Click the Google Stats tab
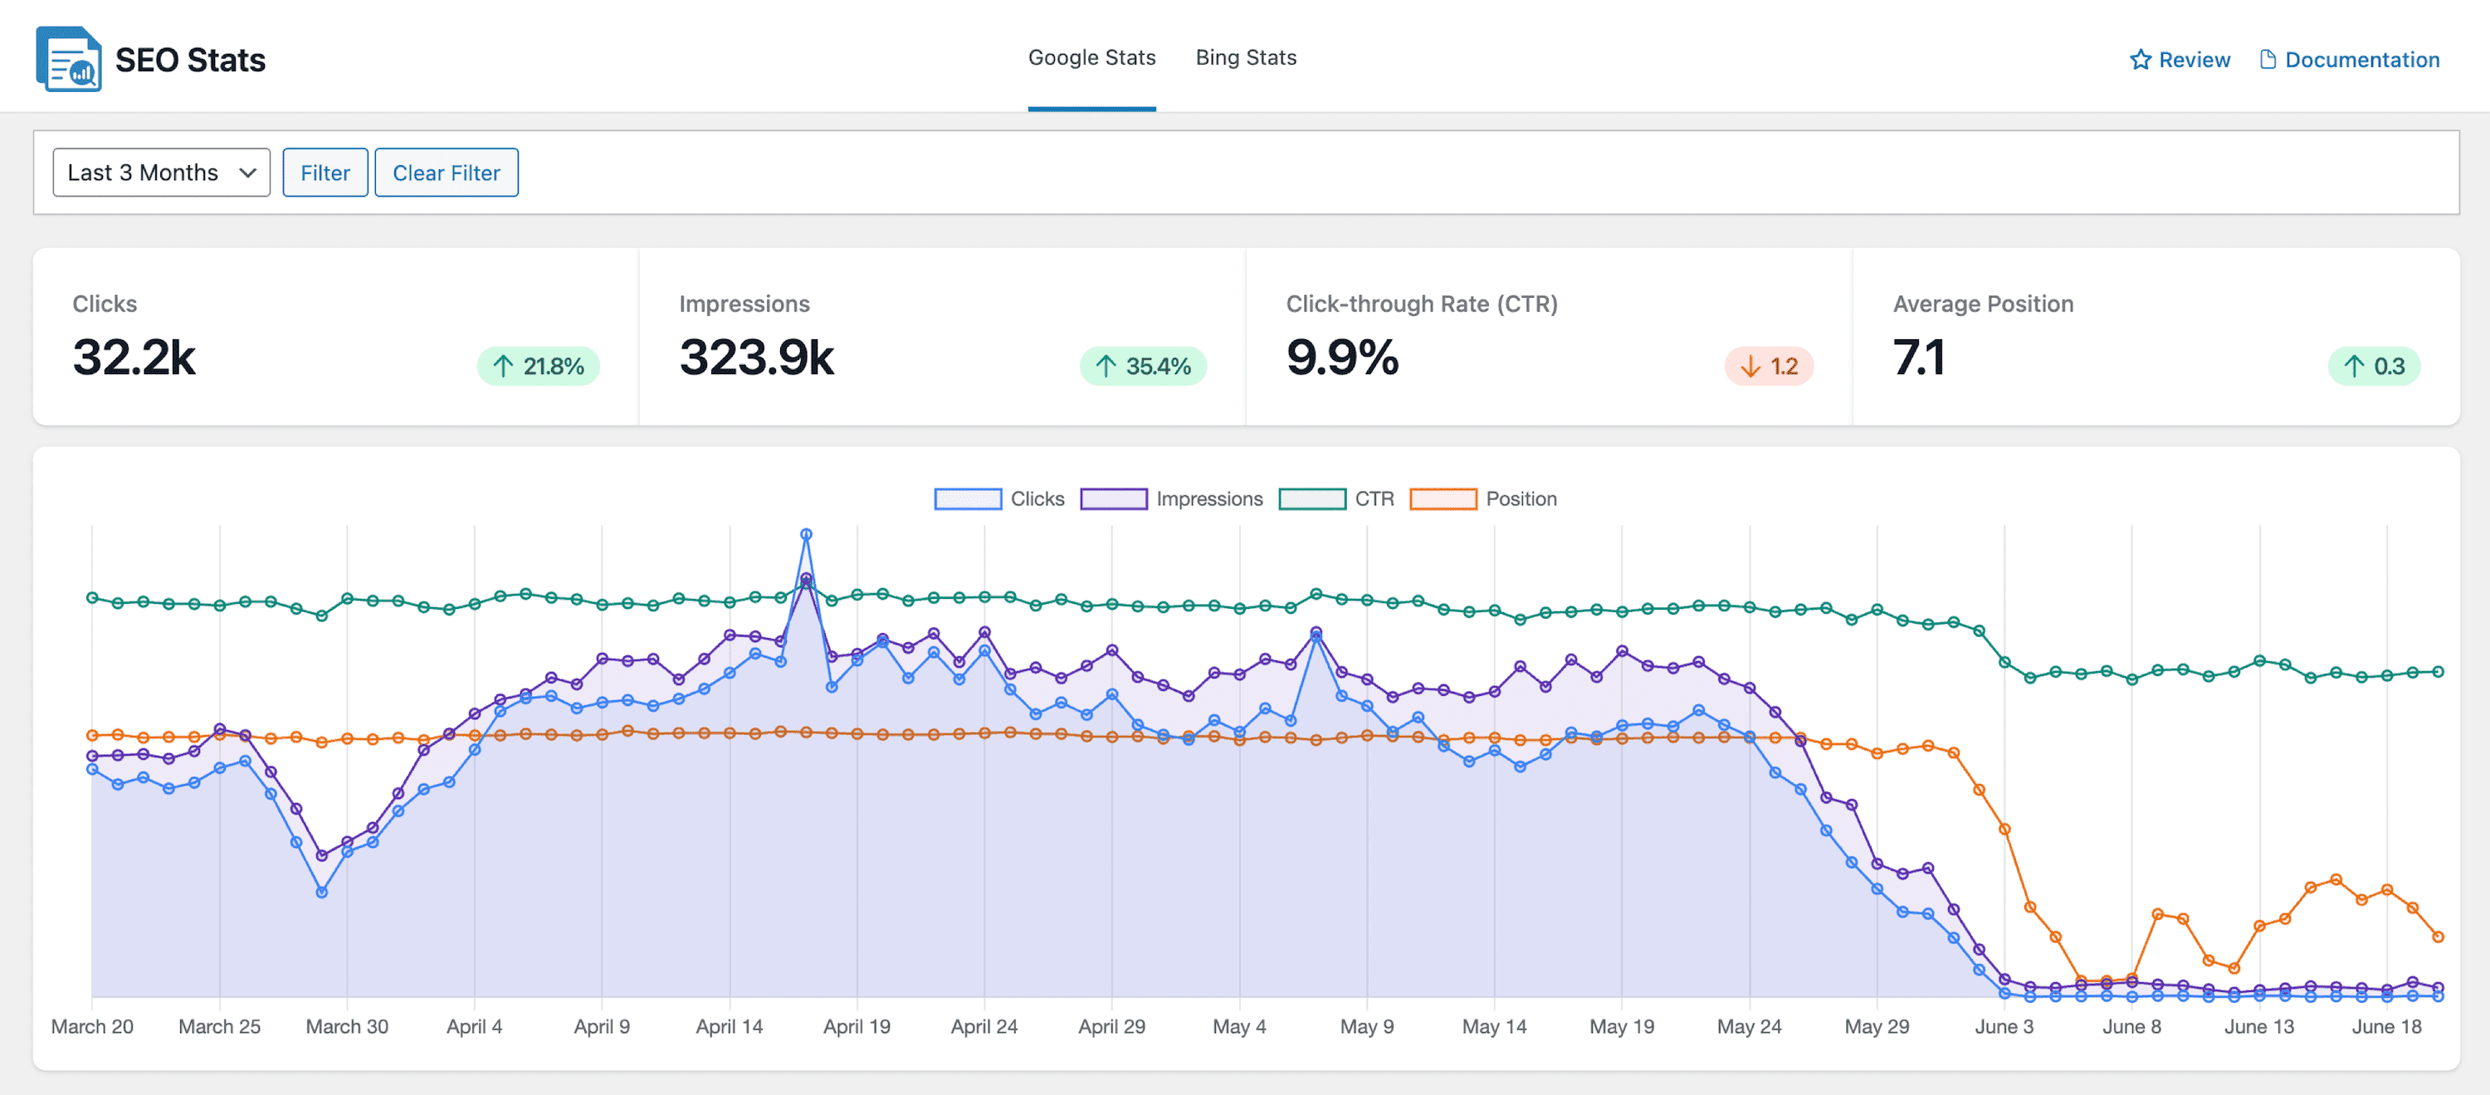[1091, 58]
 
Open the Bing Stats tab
[1245, 58]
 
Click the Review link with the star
[2180, 60]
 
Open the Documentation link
[2349, 60]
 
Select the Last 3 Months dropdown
[161, 173]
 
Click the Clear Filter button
[446, 173]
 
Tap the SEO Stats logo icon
[69, 60]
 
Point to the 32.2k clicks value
[134, 358]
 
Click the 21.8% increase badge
[539, 367]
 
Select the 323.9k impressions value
[756, 358]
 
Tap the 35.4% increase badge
[1143, 367]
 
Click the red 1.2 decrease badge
[1769, 367]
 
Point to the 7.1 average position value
[1918, 358]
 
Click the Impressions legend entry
[1171, 499]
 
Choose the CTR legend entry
[1337, 499]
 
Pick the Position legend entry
[1484, 499]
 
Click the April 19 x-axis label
[857, 1026]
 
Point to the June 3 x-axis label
[2004, 1026]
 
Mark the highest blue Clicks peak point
[806, 534]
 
